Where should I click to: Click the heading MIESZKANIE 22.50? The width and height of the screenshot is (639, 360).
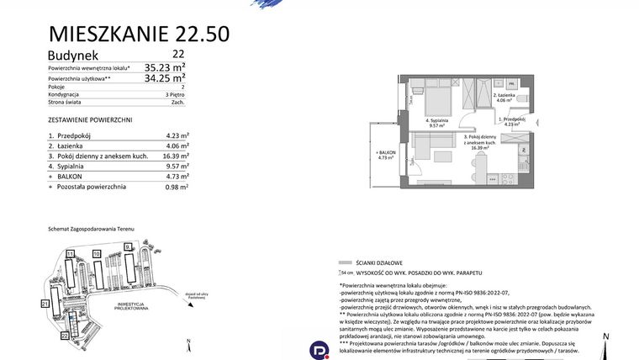point(140,34)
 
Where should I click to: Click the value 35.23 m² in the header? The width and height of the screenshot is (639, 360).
point(165,66)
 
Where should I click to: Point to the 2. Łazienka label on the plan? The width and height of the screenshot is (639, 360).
point(504,97)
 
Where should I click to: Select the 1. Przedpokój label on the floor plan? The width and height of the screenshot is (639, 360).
point(513,121)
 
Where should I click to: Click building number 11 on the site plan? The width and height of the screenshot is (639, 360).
point(71,252)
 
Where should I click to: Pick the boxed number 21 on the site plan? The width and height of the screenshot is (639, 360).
point(45,302)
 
